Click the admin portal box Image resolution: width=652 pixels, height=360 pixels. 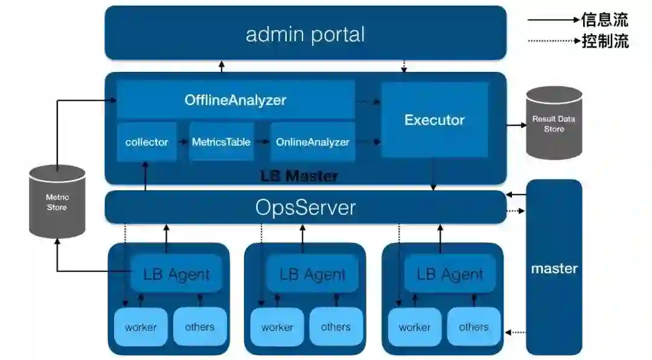click(305, 33)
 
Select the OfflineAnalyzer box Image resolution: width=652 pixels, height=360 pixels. click(235, 100)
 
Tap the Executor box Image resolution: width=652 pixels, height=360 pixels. click(434, 120)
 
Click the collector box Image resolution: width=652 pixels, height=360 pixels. click(147, 142)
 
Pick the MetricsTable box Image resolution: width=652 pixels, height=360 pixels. click(221, 142)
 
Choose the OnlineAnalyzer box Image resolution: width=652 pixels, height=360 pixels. click(312, 142)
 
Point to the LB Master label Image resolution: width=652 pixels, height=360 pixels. click(299, 176)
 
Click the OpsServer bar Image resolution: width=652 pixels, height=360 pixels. click(305, 207)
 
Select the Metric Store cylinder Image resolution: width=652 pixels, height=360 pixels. click(57, 202)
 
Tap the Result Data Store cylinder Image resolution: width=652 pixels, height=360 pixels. click(554, 123)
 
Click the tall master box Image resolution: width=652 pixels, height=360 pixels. click(554, 268)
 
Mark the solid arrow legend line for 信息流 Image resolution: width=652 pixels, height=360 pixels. click(552, 20)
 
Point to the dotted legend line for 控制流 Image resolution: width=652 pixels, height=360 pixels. click(552, 41)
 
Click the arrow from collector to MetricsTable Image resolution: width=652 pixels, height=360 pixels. click(182, 142)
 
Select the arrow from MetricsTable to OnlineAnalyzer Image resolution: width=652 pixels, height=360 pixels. click(261, 142)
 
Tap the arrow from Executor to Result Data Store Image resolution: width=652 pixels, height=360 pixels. click(516, 125)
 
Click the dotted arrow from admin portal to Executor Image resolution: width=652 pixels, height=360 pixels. click(404, 66)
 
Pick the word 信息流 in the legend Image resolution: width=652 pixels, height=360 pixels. click(604, 20)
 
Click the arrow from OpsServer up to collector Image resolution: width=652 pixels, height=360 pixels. click(145, 176)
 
